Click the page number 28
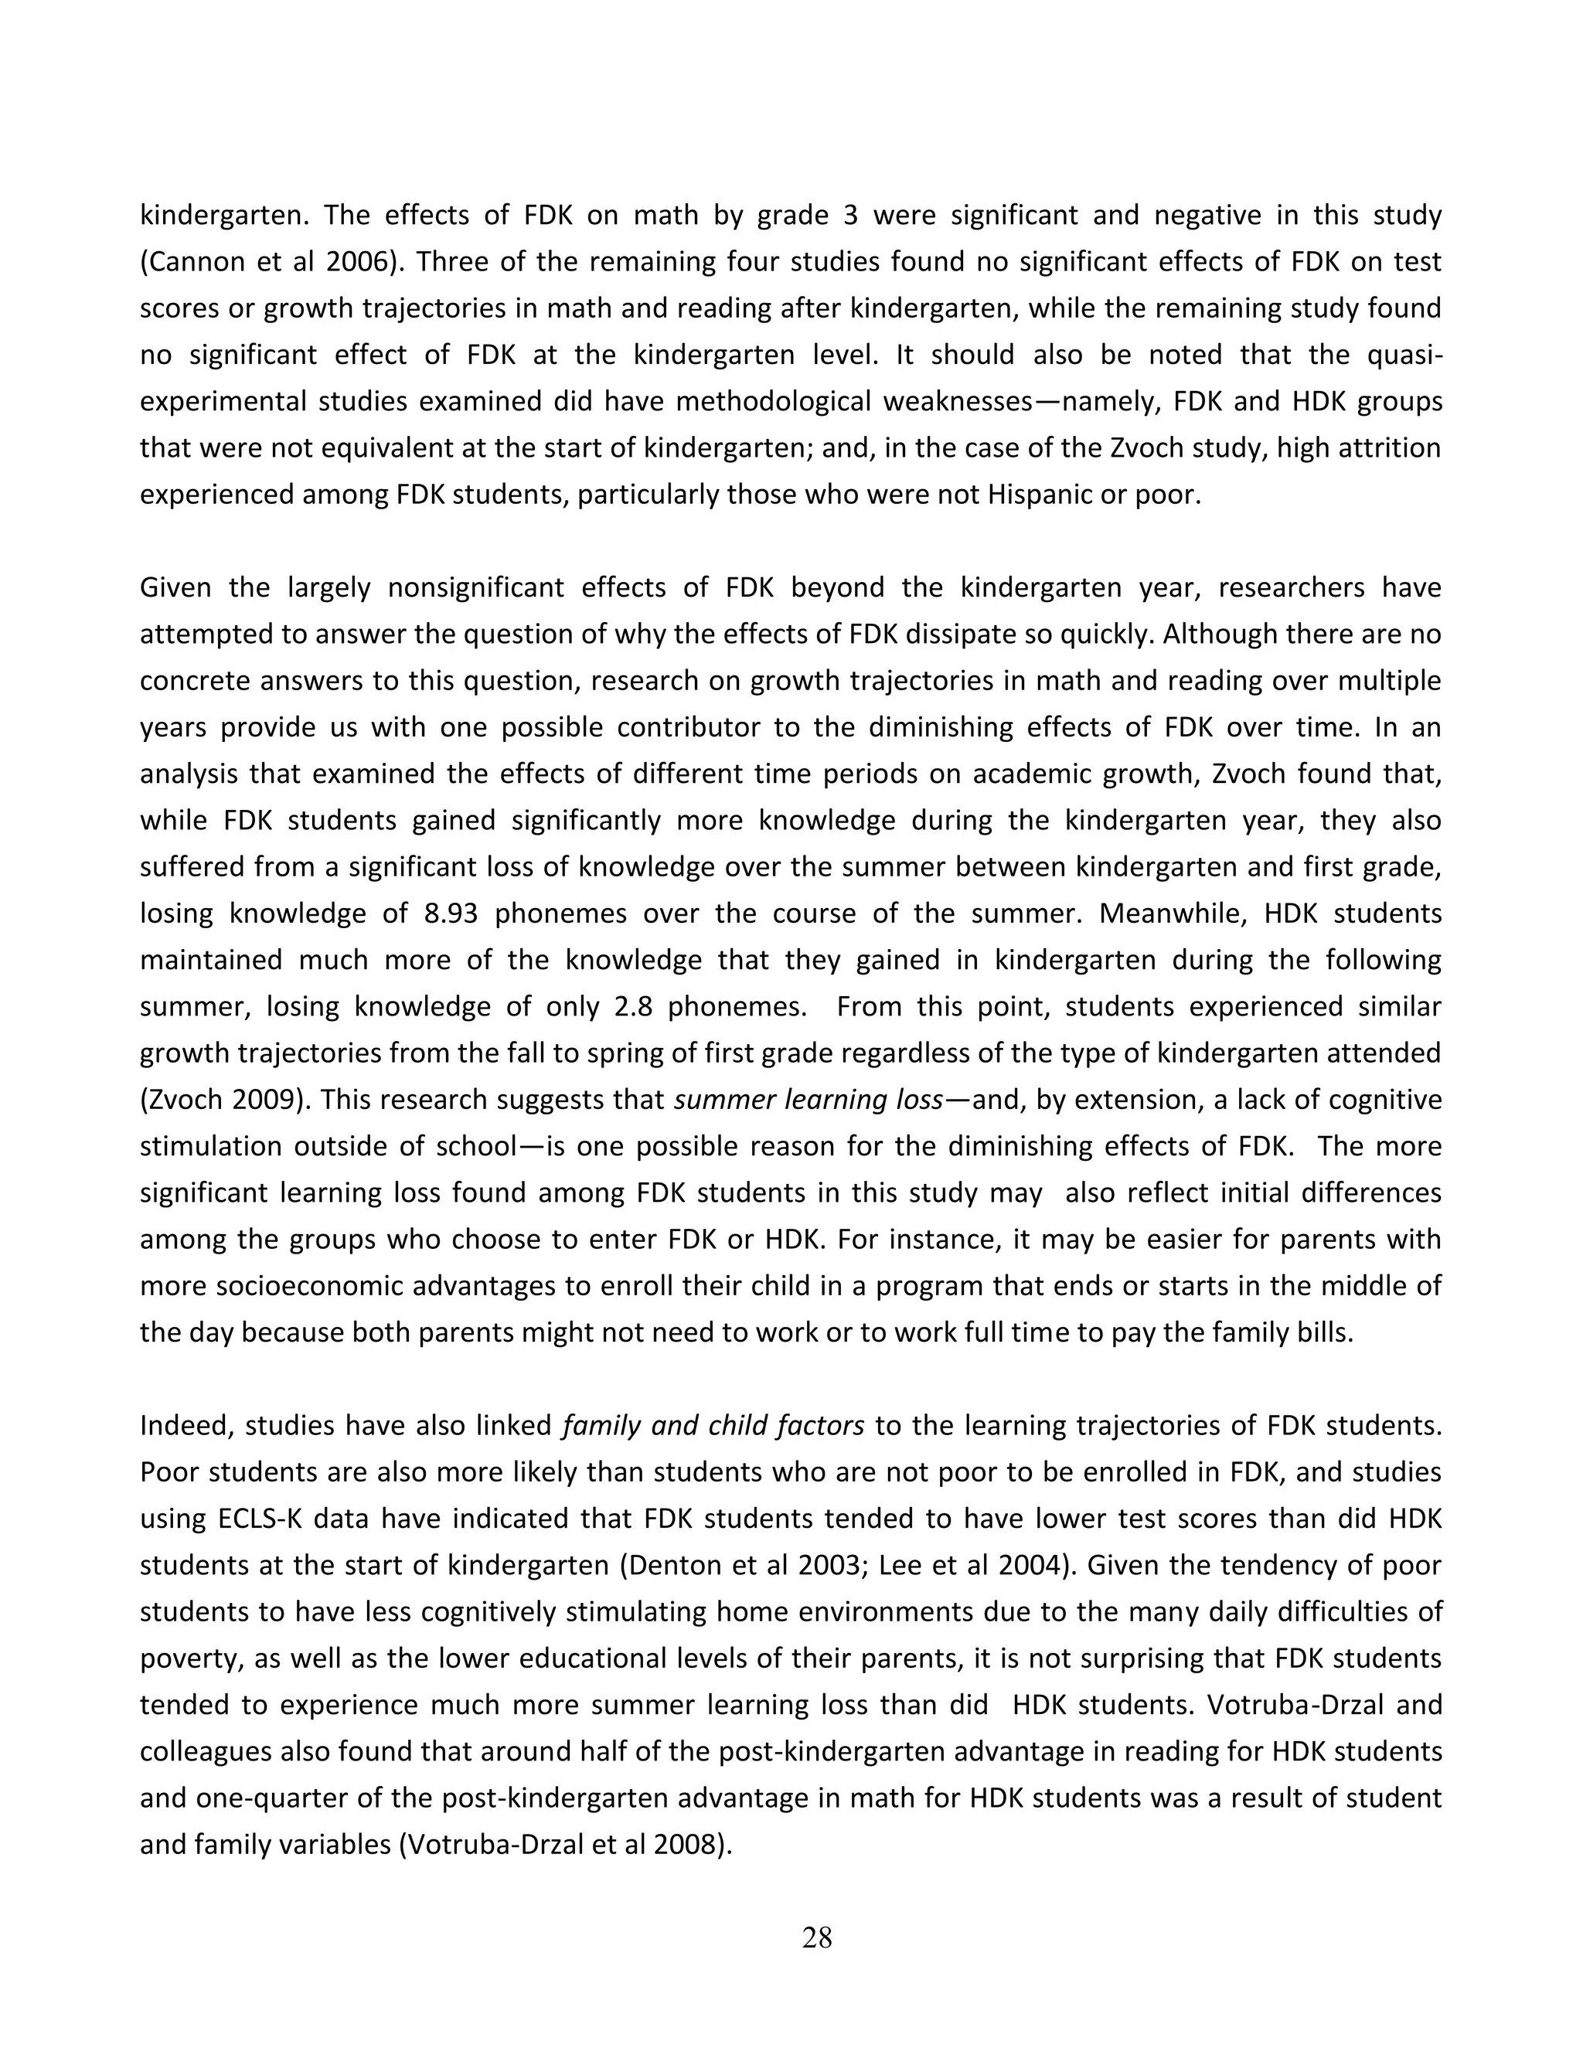pyautogui.click(x=817, y=1937)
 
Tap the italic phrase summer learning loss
pyautogui.click(x=809, y=1099)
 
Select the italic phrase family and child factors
pyautogui.click(x=713, y=1425)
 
